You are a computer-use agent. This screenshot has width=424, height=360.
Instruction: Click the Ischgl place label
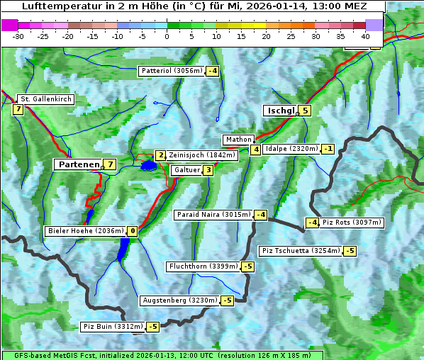click(x=280, y=111)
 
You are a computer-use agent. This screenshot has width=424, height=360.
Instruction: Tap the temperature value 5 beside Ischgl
click(x=305, y=110)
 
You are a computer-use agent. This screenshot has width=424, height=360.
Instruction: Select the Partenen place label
click(x=79, y=164)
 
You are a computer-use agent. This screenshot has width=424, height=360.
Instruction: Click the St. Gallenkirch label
click(x=45, y=99)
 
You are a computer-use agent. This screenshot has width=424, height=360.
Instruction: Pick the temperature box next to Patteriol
click(x=213, y=71)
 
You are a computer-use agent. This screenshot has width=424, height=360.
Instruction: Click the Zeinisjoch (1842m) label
click(x=201, y=154)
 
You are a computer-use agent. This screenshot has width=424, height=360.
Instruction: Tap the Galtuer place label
click(x=186, y=170)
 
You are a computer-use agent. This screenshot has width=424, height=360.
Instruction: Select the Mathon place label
click(x=238, y=140)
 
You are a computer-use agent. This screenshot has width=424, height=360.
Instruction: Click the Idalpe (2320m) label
click(x=291, y=149)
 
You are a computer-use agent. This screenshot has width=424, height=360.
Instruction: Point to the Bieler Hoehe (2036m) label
click(x=85, y=231)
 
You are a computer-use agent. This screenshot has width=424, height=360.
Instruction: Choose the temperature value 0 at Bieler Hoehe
click(x=132, y=231)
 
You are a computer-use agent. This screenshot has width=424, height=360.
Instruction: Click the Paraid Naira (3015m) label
click(x=213, y=215)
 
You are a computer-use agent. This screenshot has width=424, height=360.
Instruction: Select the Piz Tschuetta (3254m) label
click(x=301, y=251)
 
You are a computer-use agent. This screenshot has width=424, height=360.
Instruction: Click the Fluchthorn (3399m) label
click(x=203, y=266)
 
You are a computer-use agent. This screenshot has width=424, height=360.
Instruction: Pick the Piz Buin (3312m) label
click(x=113, y=327)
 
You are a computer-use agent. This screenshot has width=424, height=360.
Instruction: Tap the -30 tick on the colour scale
click(x=18, y=36)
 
